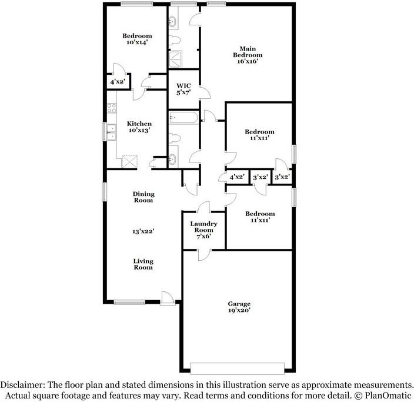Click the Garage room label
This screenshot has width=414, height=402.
(x=239, y=304)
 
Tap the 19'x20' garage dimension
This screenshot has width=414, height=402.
(x=239, y=311)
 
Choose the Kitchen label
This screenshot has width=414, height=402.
(x=139, y=124)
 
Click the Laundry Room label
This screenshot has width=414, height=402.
(x=204, y=227)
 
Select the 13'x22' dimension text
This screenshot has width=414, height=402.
(x=142, y=232)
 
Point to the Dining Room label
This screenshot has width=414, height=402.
(x=142, y=197)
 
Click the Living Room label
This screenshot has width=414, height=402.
(x=142, y=264)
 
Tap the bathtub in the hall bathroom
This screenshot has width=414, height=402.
(x=183, y=119)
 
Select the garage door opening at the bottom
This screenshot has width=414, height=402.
(x=239, y=368)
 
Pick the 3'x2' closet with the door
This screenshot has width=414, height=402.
(x=260, y=177)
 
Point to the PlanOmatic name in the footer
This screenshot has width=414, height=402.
(x=390, y=394)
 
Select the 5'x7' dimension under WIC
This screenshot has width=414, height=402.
(x=183, y=93)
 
